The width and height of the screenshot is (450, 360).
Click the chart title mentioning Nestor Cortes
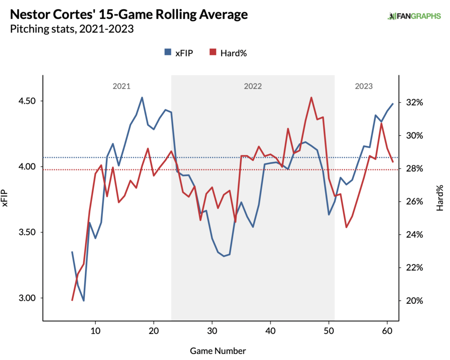coord(129,14)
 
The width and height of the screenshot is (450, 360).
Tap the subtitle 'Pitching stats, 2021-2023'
coord(72,29)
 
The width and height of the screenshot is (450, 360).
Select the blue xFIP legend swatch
coord(167,53)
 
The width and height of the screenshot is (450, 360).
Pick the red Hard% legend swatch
coord(213,53)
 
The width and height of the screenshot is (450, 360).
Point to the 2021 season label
coord(121,86)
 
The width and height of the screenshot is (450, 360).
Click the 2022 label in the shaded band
coord(253,86)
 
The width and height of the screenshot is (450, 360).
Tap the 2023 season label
coord(363,86)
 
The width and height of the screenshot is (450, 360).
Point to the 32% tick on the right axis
coord(414,102)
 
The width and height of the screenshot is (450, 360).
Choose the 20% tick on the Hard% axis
coord(414,301)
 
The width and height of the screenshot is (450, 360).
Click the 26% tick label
coord(414,202)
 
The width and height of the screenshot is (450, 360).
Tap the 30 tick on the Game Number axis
coord(212,330)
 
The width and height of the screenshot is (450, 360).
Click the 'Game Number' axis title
coord(218,351)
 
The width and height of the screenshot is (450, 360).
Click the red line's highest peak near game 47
coord(311,97)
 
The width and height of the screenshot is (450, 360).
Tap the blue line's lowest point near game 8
coord(83,301)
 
